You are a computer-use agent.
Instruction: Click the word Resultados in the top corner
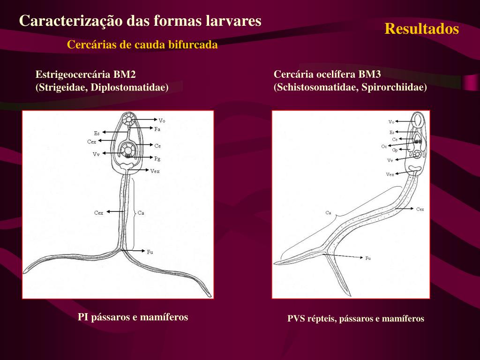421,29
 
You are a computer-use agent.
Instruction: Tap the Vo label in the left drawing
162,120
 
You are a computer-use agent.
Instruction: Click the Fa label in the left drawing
157,129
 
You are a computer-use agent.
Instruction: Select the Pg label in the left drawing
157,158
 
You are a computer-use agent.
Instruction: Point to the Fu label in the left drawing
150,252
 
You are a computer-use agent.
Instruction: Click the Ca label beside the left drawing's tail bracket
141,213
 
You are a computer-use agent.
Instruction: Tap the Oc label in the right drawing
384,146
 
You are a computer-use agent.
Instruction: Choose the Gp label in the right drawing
395,150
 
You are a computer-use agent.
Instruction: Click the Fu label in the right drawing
368,258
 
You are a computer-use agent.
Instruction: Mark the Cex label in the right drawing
420,210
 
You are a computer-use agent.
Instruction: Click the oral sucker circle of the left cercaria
127,120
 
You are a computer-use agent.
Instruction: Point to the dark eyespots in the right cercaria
417,141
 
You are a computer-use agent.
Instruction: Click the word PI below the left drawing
83,317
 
